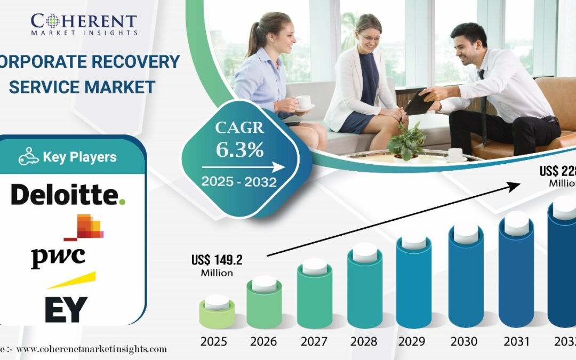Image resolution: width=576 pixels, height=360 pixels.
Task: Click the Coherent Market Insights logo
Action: pyautogui.click(x=84, y=24)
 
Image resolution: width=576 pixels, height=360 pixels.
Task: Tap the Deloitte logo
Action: pyautogui.click(x=68, y=196)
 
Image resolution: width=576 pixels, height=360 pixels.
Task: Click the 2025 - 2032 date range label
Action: pyautogui.click(x=239, y=182)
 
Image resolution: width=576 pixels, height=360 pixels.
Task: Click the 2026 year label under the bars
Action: pyautogui.click(x=264, y=342)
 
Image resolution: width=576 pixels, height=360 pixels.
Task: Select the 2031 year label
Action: pyautogui.click(x=516, y=342)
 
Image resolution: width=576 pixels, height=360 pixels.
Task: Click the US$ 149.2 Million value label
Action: pyautogui.click(x=217, y=265)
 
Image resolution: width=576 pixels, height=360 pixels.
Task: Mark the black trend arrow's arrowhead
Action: pyautogui.click(x=514, y=185)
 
